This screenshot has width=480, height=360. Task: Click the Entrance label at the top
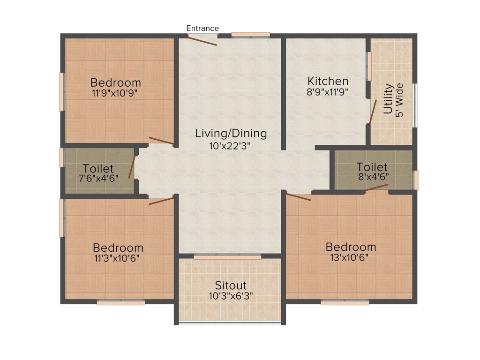[202, 29]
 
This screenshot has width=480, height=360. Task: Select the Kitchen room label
[328, 81]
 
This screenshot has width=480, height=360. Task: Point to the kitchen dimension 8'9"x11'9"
[328, 92]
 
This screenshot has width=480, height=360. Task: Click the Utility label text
[388, 99]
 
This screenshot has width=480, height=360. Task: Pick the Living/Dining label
[231, 134]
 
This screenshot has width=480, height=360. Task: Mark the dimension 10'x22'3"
[230, 145]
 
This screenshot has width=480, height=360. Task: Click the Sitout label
[231, 285]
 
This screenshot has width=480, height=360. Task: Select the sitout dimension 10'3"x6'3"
[231, 296]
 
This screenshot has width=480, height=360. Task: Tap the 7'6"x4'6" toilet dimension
[98, 178]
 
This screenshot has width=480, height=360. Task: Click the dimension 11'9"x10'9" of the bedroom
[115, 93]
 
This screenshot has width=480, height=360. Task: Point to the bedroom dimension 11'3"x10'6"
[118, 257]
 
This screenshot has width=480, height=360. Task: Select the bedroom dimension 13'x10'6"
[351, 257]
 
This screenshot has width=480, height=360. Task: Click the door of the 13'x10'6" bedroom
[299, 196]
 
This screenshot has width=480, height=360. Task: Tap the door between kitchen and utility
[372, 112]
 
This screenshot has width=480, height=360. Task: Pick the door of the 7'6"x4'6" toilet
[132, 167]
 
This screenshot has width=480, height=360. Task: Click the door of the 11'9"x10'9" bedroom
[161, 141]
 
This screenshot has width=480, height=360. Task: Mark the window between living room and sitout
[227, 257]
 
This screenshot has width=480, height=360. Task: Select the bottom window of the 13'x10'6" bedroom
[345, 303]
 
